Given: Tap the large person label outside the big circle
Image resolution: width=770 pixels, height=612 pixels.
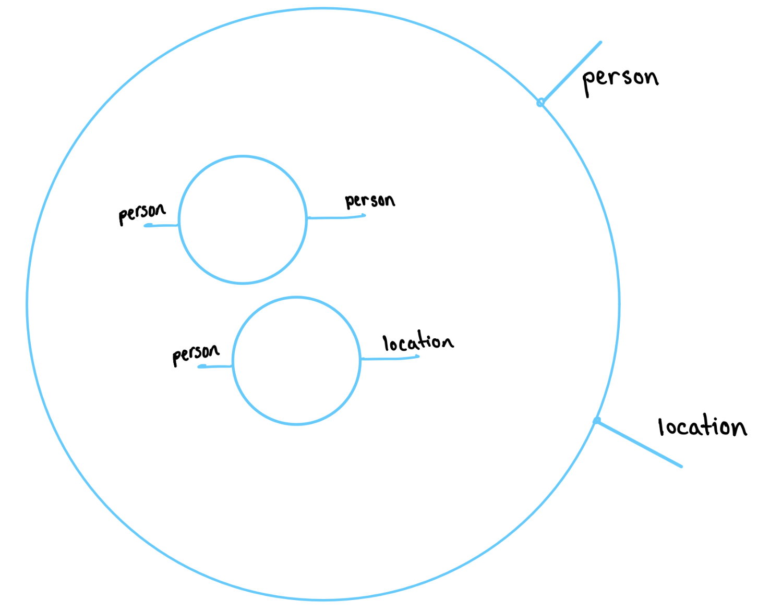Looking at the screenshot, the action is point(620,79).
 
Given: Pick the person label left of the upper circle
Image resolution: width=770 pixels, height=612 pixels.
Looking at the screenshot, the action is point(141,213).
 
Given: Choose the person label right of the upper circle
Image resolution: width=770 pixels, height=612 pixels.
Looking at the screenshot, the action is point(369,201).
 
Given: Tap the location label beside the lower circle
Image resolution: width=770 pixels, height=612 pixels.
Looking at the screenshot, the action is point(417,342).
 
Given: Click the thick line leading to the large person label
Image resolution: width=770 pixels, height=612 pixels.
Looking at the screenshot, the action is point(572,72).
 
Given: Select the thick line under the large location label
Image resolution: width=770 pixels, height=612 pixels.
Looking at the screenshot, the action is point(640,444).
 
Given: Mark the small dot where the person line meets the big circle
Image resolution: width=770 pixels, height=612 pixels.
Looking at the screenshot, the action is point(540,103).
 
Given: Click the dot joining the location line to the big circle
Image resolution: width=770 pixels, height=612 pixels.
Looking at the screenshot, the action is point(597,421).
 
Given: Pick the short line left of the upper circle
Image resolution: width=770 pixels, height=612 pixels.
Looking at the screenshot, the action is point(162,225).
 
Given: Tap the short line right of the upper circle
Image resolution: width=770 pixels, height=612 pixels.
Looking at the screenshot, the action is point(336,217).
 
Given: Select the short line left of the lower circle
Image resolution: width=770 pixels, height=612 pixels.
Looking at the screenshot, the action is point(215,366).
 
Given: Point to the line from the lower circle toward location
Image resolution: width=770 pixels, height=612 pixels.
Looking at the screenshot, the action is point(390,358).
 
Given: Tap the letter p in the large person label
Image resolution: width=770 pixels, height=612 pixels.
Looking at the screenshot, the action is point(588,82).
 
